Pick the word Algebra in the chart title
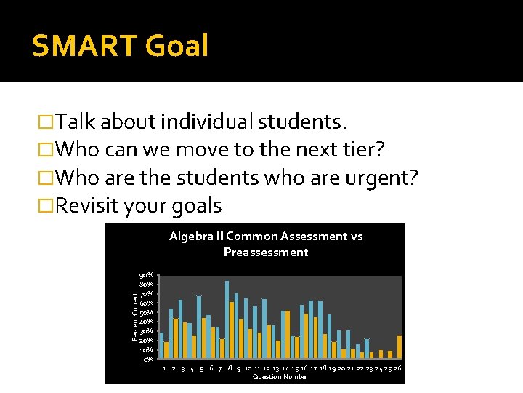[x=192, y=237]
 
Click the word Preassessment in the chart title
[x=266, y=253]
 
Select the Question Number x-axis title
[x=280, y=377]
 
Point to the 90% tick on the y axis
[x=146, y=275]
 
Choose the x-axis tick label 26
[x=398, y=368]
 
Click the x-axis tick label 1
[x=164, y=368]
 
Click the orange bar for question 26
[x=400, y=346]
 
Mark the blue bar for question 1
[x=161, y=345]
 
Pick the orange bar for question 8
[x=232, y=330]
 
